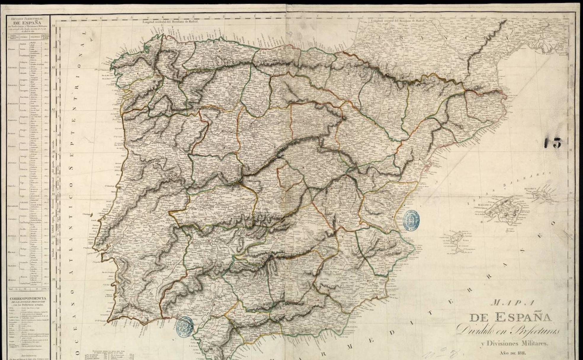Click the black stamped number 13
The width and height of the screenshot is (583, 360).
553,143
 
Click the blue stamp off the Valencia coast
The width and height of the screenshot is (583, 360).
411,220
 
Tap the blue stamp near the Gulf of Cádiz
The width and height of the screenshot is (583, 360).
185,326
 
